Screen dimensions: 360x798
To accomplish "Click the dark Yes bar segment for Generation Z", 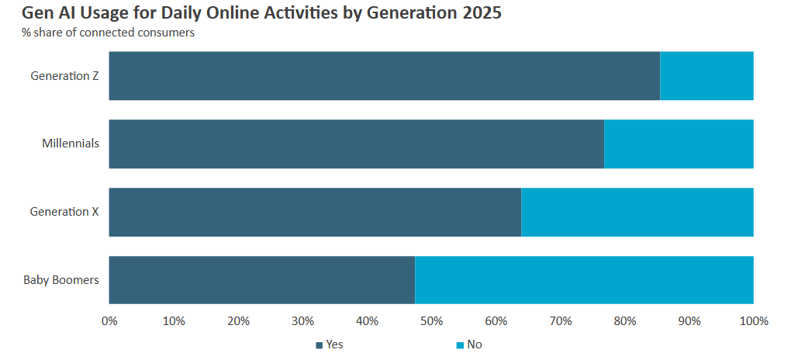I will tap(384, 76).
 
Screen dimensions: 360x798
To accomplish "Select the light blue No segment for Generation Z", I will tap(706, 76).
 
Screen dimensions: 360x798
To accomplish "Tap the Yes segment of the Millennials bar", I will tap(356, 144).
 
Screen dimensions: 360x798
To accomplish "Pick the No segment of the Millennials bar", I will tap(679, 144).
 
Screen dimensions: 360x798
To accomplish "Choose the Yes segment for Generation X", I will tap(315, 212).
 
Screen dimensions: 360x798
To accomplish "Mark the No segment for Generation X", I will tap(637, 212).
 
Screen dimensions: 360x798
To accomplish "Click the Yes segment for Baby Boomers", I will tap(262, 280).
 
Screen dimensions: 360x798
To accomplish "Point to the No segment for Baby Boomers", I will tap(584, 280).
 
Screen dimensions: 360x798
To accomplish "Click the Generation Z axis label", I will tap(64, 76).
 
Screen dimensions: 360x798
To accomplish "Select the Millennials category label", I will tap(70, 144).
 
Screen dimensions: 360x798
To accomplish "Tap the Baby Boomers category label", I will tap(60, 280).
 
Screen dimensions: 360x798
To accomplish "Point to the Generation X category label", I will tap(64, 212).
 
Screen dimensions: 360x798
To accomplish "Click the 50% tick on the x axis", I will tap(431, 321).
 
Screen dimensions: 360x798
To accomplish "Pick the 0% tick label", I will tap(109, 321).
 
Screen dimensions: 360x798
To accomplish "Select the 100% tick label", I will tap(754, 321).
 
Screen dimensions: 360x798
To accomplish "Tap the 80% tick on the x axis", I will tap(625, 321).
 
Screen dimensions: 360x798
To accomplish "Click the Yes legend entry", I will tap(330, 344).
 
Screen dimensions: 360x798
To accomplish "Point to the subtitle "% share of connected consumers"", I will tap(108, 33).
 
